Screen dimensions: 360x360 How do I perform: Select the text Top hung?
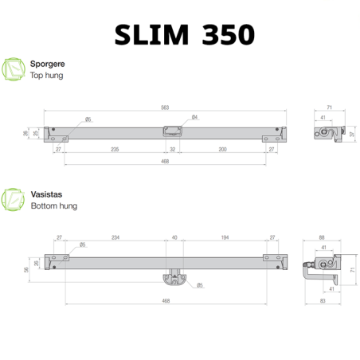tap(46, 76)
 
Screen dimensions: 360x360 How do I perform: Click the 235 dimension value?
tap(115, 148)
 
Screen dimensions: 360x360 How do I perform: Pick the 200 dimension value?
tap(222, 148)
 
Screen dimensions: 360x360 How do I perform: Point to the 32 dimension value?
tap(173, 148)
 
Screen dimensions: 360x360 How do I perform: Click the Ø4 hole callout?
tap(194, 118)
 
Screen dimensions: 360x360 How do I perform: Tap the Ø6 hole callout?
tap(88, 119)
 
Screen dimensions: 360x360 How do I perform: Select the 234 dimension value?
tap(115, 237)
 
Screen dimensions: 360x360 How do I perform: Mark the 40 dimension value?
tap(175, 237)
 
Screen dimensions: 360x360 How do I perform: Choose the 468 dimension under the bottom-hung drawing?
tap(166, 301)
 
